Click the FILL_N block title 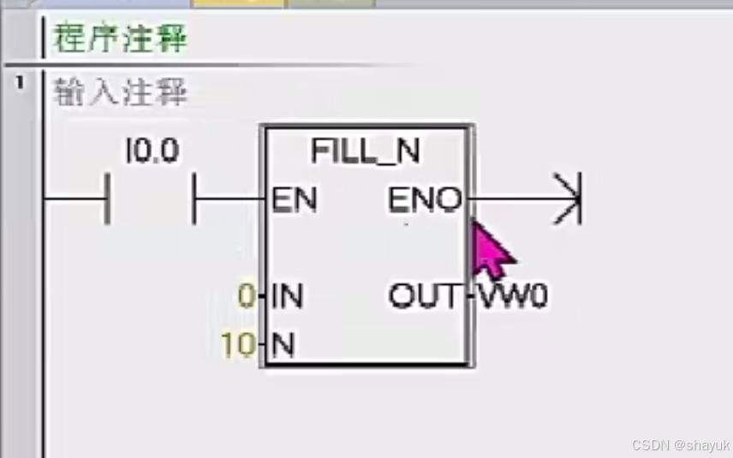pyautogui.click(x=366, y=152)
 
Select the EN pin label pyautogui.click(x=294, y=200)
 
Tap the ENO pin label pyautogui.click(x=425, y=200)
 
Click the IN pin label pyautogui.click(x=288, y=297)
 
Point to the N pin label pyautogui.click(x=283, y=345)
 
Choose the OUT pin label pyautogui.click(x=425, y=297)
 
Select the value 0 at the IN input pyautogui.click(x=247, y=297)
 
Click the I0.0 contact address pyautogui.click(x=152, y=152)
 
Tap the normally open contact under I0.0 pyautogui.click(x=151, y=199)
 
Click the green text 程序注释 pyautogui.click(x=120, y=39)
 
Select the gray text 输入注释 pyautogui.click(x=120, y=92)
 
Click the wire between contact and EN pyautogui.click(x=229, y=199)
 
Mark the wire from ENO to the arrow pyautogui.click(x=514, y=200)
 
